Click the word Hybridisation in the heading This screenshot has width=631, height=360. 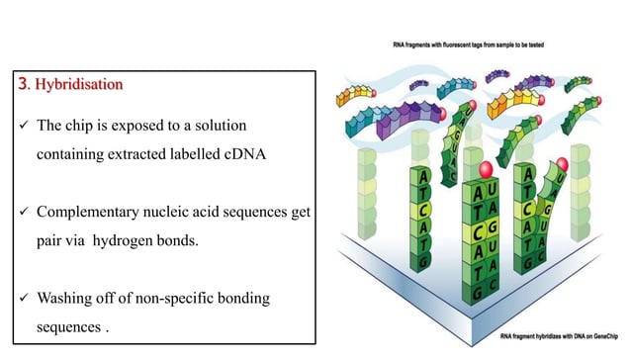(79, 85)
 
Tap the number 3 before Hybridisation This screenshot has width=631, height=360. (24, 85)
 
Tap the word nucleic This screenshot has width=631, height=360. (173, 212)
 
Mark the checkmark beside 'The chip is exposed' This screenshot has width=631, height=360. (18, 128)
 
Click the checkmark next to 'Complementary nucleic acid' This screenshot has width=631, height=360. (18, 212)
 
